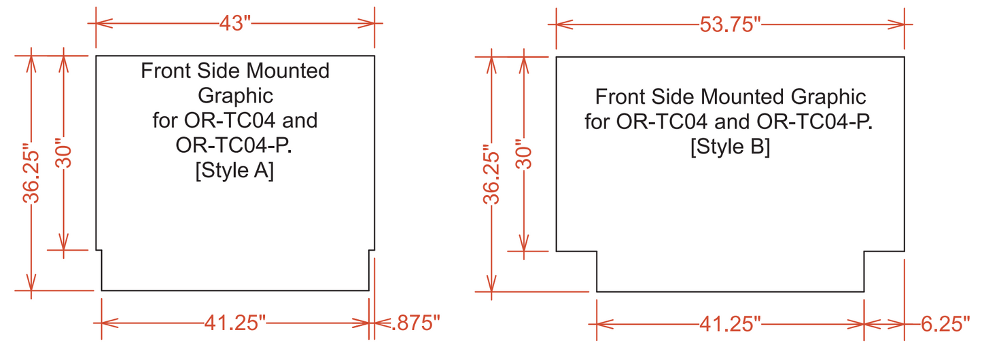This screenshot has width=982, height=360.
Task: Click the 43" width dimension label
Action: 234,23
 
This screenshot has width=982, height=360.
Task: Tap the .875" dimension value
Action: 416,323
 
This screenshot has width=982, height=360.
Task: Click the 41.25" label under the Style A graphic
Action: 234,323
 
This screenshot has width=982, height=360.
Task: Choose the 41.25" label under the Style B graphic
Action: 730,324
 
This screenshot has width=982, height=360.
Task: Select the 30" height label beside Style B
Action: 524,154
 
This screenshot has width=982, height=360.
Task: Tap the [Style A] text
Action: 234,171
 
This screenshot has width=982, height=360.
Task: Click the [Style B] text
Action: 730,147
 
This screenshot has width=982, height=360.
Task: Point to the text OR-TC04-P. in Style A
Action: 234,146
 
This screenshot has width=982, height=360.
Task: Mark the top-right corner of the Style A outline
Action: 374,56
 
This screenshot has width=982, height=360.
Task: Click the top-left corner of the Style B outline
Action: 557,57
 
